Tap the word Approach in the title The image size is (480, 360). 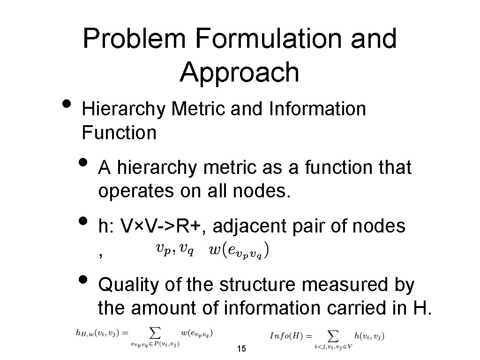click(x=239, y=72)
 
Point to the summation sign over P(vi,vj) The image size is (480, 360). click(x=155, y=333)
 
